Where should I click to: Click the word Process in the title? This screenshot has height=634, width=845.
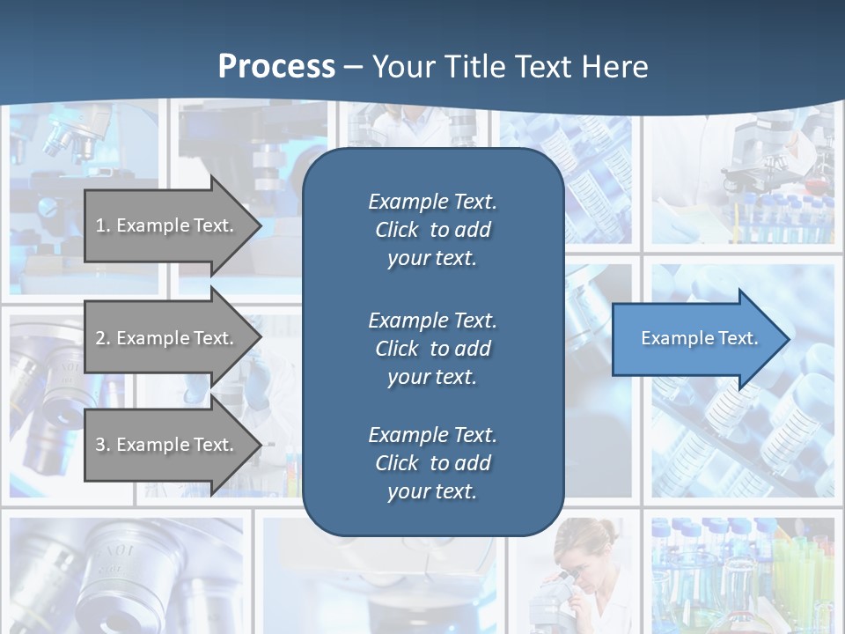coord(276,67)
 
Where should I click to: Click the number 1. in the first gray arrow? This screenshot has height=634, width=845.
coord(103,225)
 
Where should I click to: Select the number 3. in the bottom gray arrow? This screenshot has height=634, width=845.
coord(103,445)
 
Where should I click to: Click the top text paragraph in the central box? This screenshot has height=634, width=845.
coord(432,230)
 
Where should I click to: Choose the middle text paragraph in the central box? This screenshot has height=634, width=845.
coord(432,348)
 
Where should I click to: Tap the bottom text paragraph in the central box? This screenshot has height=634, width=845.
coord(432,463)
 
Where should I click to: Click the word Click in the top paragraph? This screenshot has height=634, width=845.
coord(397,230)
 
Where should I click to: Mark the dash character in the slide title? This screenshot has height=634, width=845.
coord(354,67)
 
